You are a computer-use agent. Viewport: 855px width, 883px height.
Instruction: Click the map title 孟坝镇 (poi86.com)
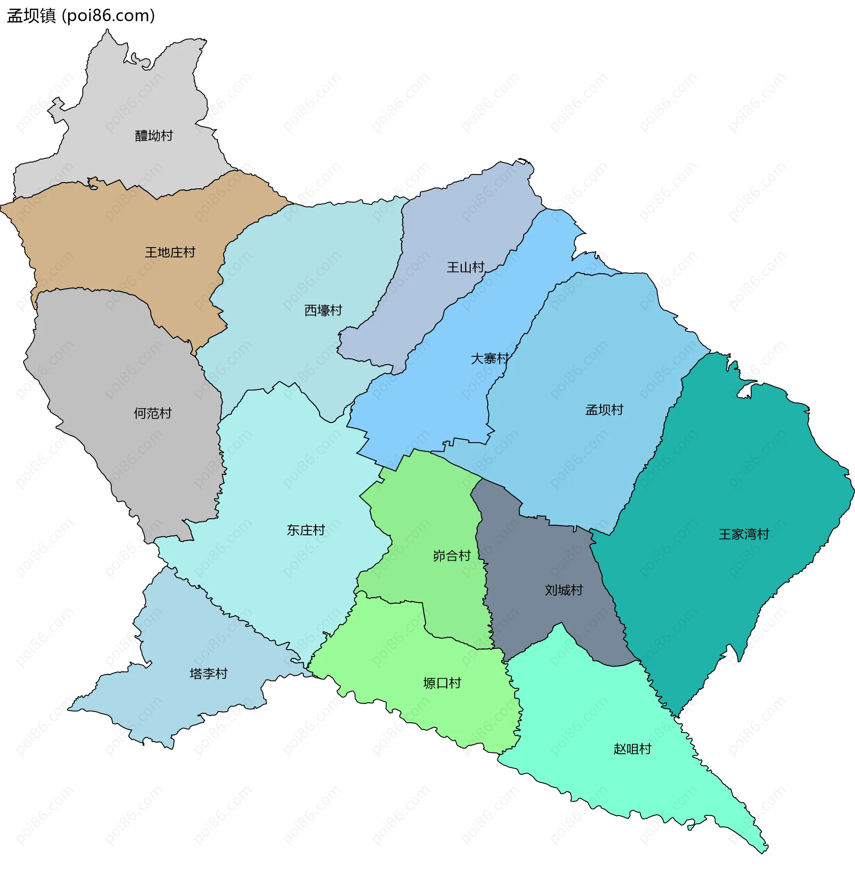point(81,16)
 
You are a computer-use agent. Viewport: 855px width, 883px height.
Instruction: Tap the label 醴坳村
point(154,136)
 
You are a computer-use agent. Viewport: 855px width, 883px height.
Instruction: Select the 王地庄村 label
point(170,252)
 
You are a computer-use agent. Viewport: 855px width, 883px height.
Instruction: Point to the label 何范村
point(153,413)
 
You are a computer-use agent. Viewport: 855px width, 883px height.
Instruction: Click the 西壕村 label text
point(323,310)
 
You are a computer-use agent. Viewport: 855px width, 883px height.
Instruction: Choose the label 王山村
point(465,268)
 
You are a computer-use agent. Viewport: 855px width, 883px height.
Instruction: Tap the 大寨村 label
point(490,358)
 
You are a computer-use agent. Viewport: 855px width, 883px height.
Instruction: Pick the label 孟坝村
point(604,410)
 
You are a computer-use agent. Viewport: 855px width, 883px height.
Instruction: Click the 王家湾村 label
point(744,534)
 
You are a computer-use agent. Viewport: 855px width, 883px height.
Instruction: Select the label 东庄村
point(306,530)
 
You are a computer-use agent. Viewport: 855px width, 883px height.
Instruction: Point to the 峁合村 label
point(452,556)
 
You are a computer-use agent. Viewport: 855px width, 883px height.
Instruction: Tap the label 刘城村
point(564,590)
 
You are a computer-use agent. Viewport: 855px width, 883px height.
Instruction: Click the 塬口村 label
point(442,684)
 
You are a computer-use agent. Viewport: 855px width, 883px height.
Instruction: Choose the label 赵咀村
point(632,749)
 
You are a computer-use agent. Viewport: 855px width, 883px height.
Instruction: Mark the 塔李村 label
point(208,674)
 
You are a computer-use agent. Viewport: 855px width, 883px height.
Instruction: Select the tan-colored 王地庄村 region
point(113,234)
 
